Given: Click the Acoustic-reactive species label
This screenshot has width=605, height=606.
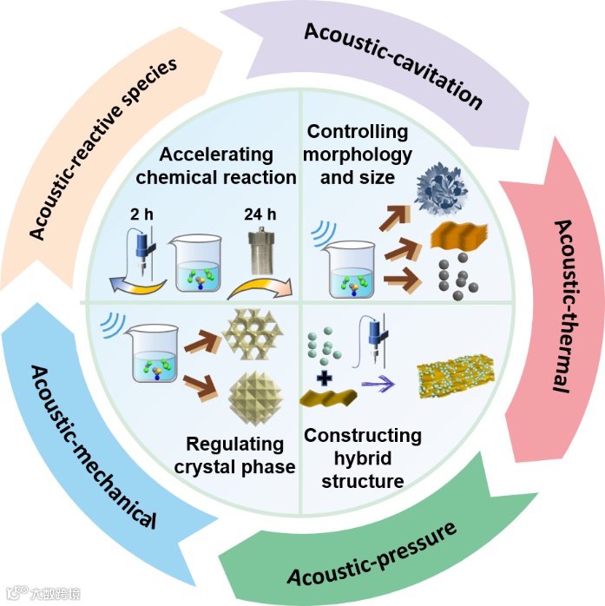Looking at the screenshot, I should (x=103, y=148).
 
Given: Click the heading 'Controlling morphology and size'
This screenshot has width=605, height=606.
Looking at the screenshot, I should (x=358, y=155).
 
